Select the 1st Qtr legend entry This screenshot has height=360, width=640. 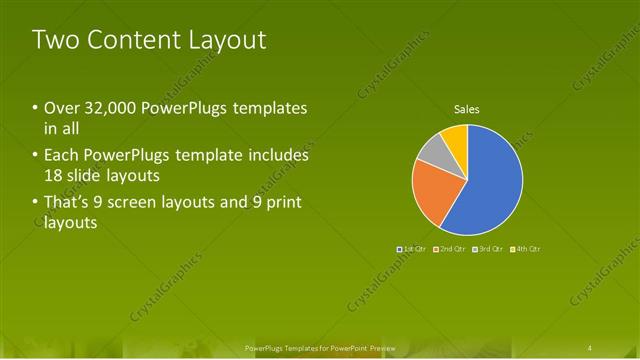[413, 248]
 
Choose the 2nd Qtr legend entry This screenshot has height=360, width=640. [450, 248]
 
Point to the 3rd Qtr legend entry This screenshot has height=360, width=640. [487, 248]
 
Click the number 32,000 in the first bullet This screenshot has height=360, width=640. [109, 108]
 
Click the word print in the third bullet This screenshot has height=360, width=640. [280, 203]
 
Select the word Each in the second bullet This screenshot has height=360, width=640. [61, 155]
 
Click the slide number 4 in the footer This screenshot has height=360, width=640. [591, 347]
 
